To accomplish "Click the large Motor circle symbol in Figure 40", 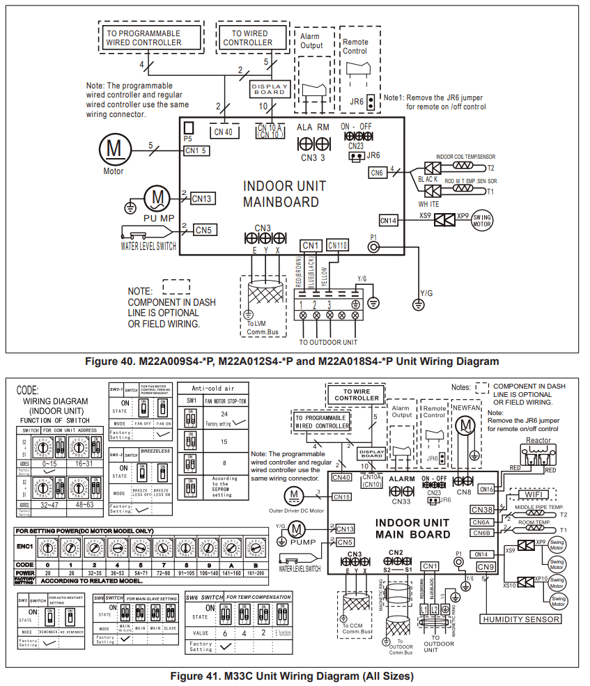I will click(113, 149).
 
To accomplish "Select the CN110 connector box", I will click(337, 245).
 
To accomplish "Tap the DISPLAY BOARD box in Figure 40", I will click(268, 88).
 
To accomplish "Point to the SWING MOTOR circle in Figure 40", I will click(482, 221).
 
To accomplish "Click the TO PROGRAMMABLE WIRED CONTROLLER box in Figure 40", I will click(143, 38).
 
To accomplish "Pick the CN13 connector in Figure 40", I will click(203, 198).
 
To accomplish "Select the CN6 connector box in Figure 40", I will click(376, 172).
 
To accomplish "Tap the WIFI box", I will click(536, 494).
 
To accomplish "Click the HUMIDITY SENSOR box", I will click(520, 619).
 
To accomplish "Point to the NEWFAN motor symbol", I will click(463, 424).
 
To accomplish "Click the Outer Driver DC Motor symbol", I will click(295, 495).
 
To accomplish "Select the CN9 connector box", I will click(486, 567).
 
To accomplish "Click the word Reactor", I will click(538, 440).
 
